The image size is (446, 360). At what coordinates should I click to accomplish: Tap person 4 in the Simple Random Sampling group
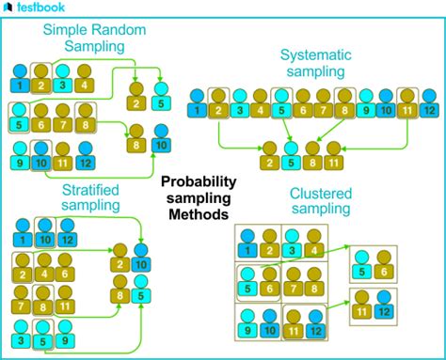coord(84,80)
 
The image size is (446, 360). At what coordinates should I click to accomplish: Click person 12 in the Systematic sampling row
coord(430,104)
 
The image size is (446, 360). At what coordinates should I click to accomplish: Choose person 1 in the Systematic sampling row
coord(196,104)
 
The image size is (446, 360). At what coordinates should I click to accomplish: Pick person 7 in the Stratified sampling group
coord(19,302)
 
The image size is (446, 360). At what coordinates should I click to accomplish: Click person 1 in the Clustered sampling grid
coord(246,243)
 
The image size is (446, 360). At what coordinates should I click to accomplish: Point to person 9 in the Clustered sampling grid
coord(246,323)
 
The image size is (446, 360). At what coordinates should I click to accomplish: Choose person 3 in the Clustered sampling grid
coord(292,243)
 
